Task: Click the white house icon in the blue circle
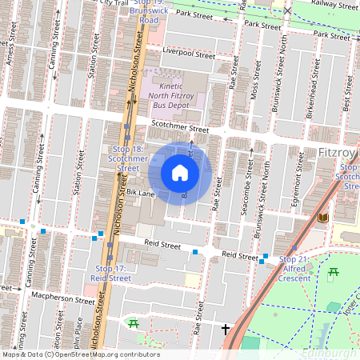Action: (180, 173)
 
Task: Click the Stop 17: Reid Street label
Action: (111, 273)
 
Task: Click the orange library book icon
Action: (323, 218)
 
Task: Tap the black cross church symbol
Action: (226, 329)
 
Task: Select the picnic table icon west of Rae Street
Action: (134, 323)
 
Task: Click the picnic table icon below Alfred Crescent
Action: (332, 275)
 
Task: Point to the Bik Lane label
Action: (140, 193)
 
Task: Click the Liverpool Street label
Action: (188, 53)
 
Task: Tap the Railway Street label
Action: (334, 5)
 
